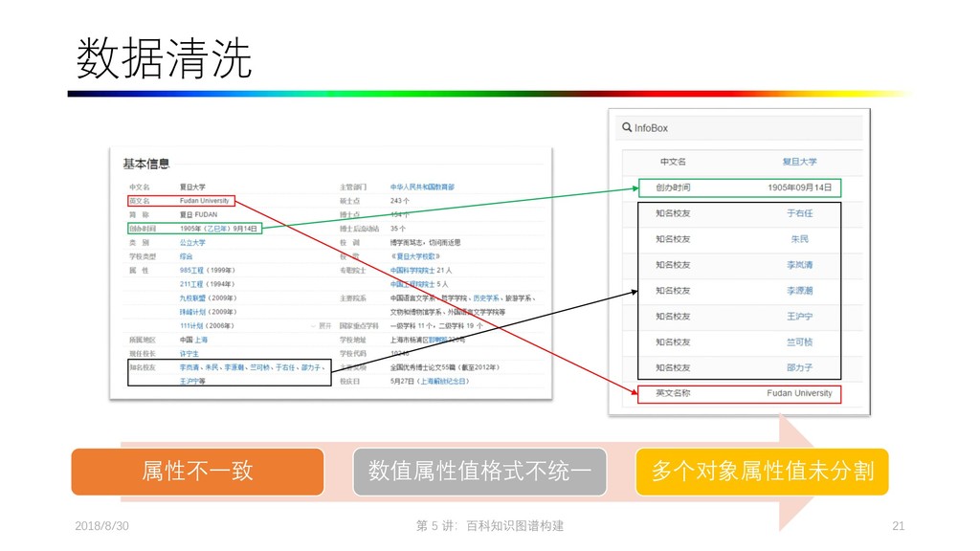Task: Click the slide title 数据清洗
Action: (x=164, y=59)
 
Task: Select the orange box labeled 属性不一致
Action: (x=197, y=471)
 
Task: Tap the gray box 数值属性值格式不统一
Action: (x=479, y=471)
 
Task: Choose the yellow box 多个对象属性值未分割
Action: (x=762, y=471)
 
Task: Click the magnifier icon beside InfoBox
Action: (x=627, y=127)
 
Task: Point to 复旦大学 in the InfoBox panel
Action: (x=799, y=162)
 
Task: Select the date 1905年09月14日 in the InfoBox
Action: (x=799, y=187)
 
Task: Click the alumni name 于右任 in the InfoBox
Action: (x=799, y=213)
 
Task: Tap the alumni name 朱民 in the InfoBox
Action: (x=799, y=239)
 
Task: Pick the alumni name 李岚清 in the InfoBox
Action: (x=799, y=265)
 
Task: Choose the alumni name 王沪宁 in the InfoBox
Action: (x=799, y=317)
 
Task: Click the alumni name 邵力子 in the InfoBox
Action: (x=799, y=367)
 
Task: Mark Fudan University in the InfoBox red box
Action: (x=799, y=393)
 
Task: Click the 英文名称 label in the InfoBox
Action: (x=673, y=393)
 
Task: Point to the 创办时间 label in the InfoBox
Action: (x=673, y=187)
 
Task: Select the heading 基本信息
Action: (x=145, y=165)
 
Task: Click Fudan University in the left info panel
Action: (x=204, y=201)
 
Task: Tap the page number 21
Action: (x=898, y=526)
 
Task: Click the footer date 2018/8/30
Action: (x=101, y=526)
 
